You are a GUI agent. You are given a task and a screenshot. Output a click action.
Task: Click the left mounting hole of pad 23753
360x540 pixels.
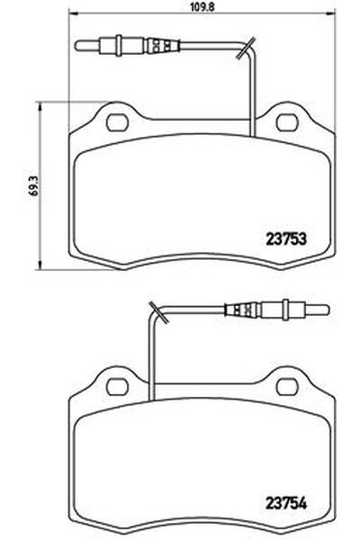coord(116,120)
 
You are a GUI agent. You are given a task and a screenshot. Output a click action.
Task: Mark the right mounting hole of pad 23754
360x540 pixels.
coord(286,386)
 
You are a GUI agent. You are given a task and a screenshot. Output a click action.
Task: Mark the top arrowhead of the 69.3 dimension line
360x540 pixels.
coord(38,105)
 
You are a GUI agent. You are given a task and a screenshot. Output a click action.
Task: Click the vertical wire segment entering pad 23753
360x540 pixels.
coord(254,99)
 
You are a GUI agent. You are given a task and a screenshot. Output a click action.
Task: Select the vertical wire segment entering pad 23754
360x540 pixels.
coord(151,360)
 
